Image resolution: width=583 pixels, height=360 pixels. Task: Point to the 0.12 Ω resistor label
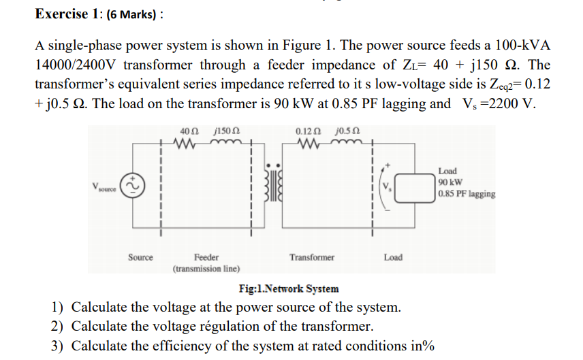pos(306,131)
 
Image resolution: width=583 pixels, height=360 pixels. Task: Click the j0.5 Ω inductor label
pos(347,131)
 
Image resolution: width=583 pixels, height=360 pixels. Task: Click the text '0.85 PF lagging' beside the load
pos(467,194)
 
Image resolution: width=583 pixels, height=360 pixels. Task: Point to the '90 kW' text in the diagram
pos(451,182)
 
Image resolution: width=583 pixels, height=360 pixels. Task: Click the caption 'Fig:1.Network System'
pos(288,289)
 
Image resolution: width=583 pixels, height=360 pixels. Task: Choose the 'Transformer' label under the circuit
pos(311,257)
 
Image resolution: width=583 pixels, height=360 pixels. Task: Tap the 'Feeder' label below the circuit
pos(206,257)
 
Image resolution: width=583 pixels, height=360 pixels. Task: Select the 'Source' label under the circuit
pos(140,257)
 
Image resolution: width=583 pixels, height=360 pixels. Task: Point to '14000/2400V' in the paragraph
pos(72,65)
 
